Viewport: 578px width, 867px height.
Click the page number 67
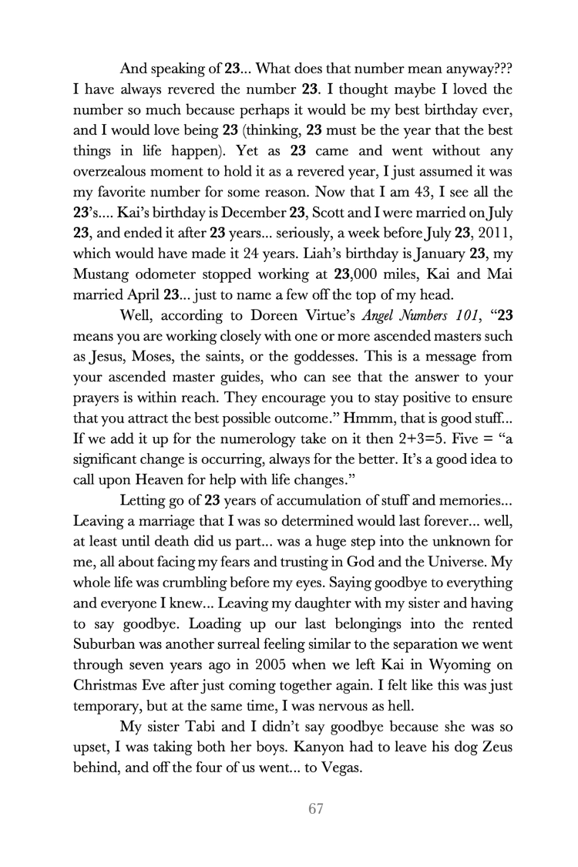point(314,809)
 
